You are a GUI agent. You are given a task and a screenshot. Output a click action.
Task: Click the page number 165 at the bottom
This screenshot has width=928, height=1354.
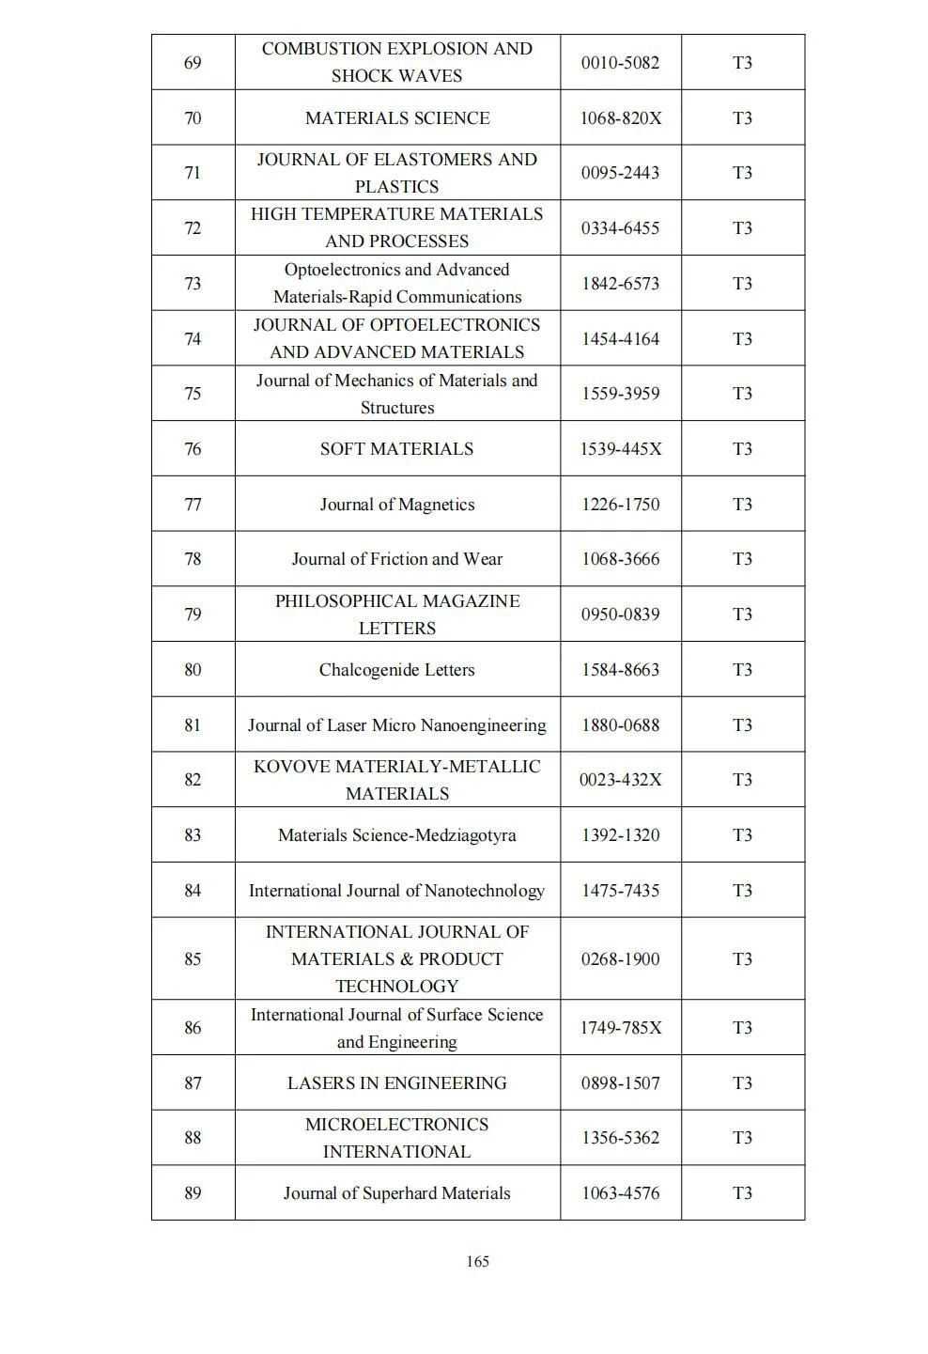(x=477, y=1261)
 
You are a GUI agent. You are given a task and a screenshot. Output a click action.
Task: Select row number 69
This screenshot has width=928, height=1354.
(x=193, y=63)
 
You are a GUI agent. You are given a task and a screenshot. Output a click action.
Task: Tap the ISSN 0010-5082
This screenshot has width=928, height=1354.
(x=620, y=63)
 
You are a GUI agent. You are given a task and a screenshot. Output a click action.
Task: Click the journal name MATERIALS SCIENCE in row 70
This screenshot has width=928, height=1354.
(x=397, y=118)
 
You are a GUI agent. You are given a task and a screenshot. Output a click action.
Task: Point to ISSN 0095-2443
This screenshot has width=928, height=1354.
(x=620, y=173)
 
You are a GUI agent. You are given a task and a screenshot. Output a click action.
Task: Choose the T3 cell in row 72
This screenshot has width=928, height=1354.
(x=742, y=228)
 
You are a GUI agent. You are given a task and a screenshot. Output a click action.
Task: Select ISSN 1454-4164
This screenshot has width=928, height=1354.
(x=620, y=339)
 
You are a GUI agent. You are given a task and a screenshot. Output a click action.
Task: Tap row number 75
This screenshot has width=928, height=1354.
(x=193, y=394)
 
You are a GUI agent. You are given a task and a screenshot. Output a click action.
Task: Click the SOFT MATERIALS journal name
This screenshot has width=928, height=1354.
(x=396, y=449)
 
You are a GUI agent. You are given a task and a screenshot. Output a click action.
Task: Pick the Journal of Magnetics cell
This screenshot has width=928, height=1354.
(x=397, y=505)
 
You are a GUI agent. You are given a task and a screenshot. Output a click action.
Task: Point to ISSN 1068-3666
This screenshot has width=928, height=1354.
(x=620, y=559)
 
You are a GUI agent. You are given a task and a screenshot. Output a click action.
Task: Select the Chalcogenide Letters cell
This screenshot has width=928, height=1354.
(x=396, y=670)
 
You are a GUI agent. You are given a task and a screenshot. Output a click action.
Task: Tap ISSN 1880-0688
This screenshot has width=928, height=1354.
(x=620, y=725)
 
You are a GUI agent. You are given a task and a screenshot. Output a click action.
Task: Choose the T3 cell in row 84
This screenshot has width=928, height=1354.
(x=742, y=891)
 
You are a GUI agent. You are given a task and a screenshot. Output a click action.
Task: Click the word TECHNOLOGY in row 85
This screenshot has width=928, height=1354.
(x=397, y=987)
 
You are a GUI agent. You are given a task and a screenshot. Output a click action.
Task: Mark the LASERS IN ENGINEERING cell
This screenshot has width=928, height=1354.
(x=396, y=1083)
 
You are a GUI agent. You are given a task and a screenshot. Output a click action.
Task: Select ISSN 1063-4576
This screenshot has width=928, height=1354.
(x=620, y=1193)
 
